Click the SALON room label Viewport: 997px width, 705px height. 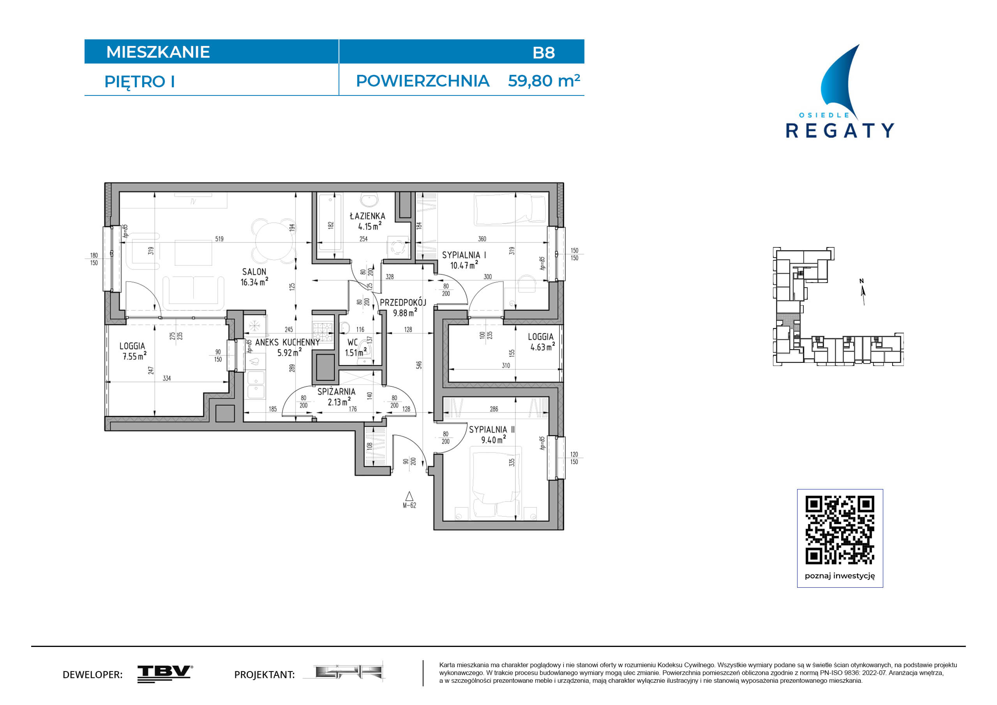(254, 272)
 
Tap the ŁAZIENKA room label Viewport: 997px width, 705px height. (367, 216)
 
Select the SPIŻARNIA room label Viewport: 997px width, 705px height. (336, 391)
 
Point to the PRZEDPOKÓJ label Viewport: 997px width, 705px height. (403, 302)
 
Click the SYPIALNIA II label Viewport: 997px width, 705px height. (492, 429)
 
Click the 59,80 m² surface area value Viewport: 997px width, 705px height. (543, 81)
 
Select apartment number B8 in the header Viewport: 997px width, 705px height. (543, 53)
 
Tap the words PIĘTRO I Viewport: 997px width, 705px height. (139, 82)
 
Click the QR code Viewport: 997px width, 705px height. (840, 530)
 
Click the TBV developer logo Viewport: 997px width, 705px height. (165, 674)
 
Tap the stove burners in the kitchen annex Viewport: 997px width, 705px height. (323, 332)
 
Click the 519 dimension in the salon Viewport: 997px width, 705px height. (219, 239)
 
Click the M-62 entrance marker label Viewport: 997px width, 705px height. (409, 505)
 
